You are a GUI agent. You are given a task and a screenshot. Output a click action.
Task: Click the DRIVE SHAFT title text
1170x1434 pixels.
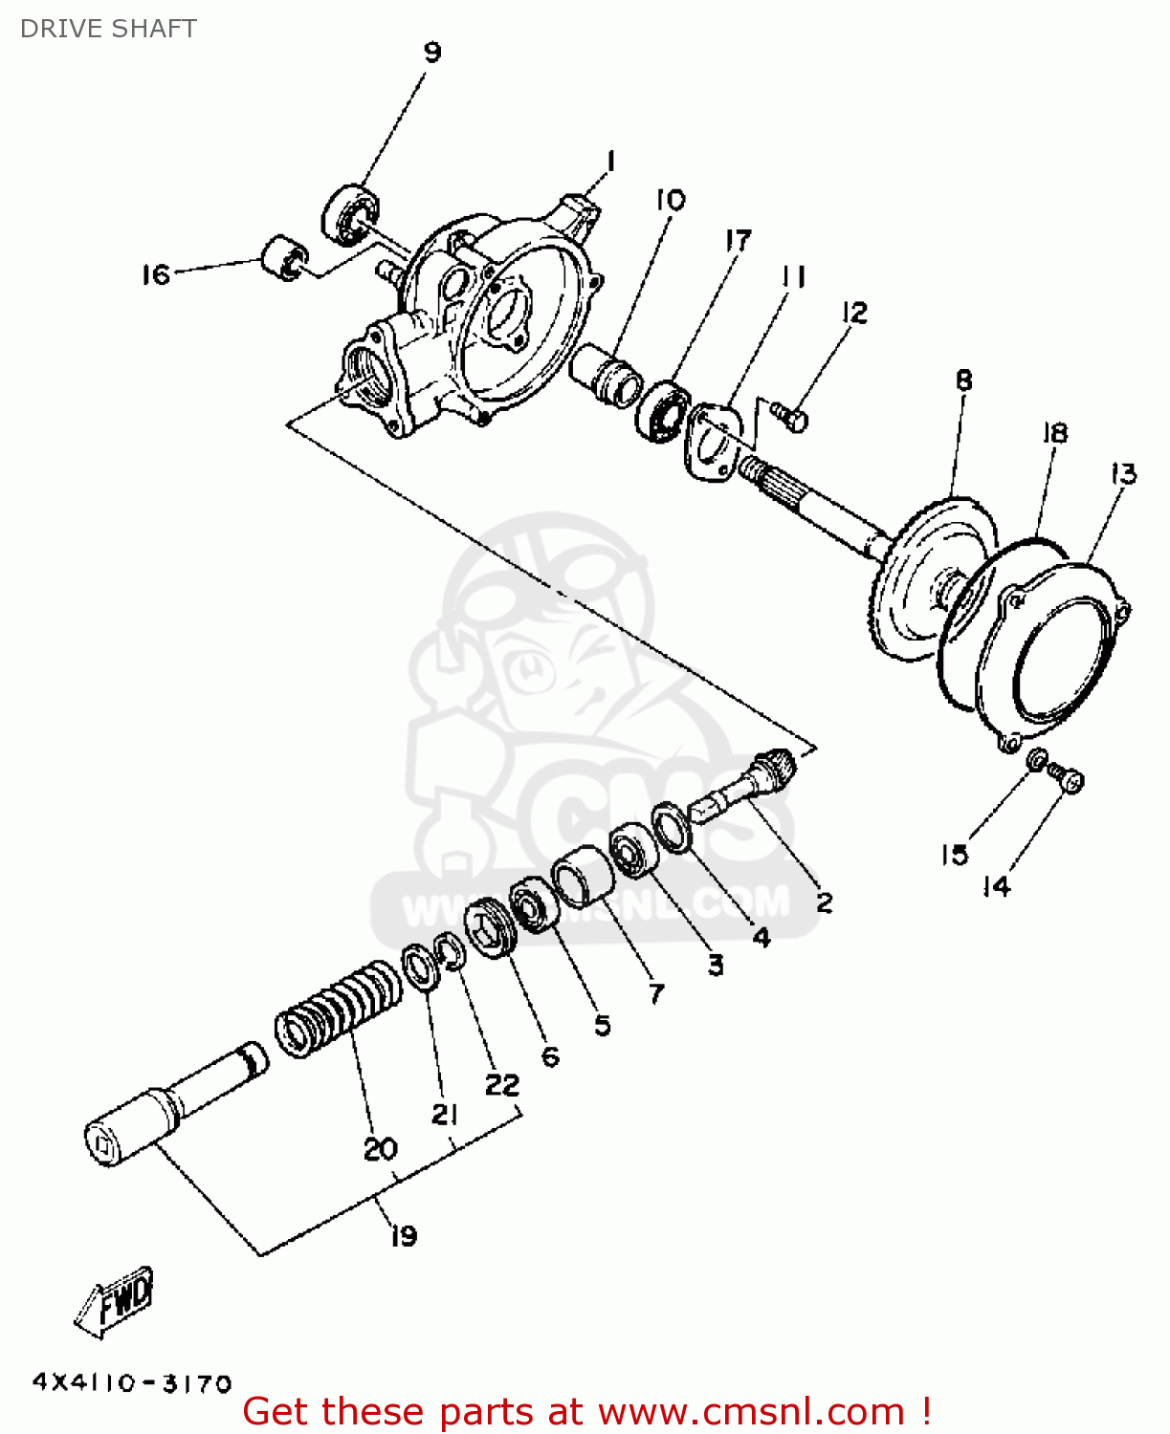[x=108, y=29]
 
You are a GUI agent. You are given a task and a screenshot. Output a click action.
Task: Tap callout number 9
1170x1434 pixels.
[x=432, y=52]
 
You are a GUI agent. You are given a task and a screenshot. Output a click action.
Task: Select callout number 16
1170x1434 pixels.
[x=155, y=275]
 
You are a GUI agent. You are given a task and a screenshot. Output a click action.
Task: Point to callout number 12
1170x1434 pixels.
[x=855, y=313]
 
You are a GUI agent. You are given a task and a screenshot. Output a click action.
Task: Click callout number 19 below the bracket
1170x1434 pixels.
[x=404, y=1235]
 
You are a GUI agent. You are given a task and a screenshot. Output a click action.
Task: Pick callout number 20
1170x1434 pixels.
[x=380, y=1148]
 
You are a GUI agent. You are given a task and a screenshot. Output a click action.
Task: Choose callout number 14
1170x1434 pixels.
[x=996, y=886]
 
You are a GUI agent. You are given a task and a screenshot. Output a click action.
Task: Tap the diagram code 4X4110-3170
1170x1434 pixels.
[x=132, y=1383]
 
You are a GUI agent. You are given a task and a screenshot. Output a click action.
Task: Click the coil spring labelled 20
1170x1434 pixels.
[x=340, y=1009]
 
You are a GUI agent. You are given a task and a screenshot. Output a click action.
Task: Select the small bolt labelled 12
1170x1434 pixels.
[x=790, y=417]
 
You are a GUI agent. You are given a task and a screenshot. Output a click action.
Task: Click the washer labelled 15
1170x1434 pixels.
[x=1036, y=761]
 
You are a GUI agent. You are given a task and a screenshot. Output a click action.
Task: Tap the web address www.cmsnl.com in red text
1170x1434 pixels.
[x=751, y=1412]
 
